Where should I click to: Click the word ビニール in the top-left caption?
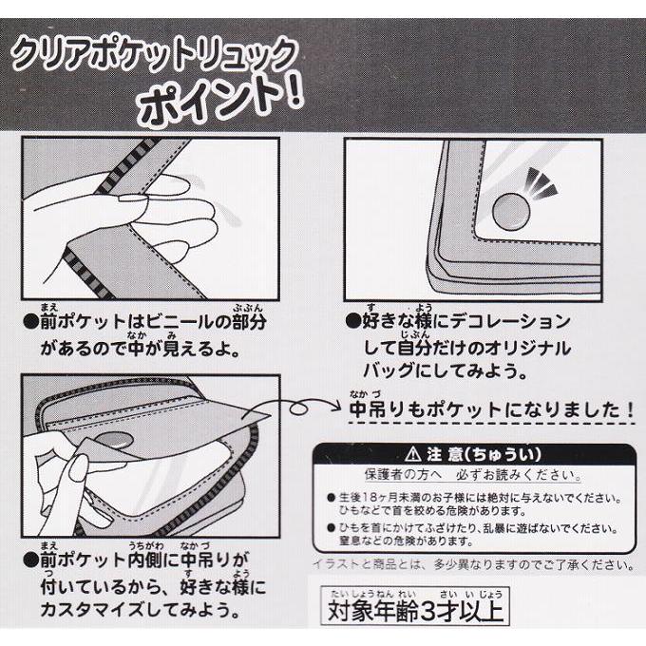coord(163,321)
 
